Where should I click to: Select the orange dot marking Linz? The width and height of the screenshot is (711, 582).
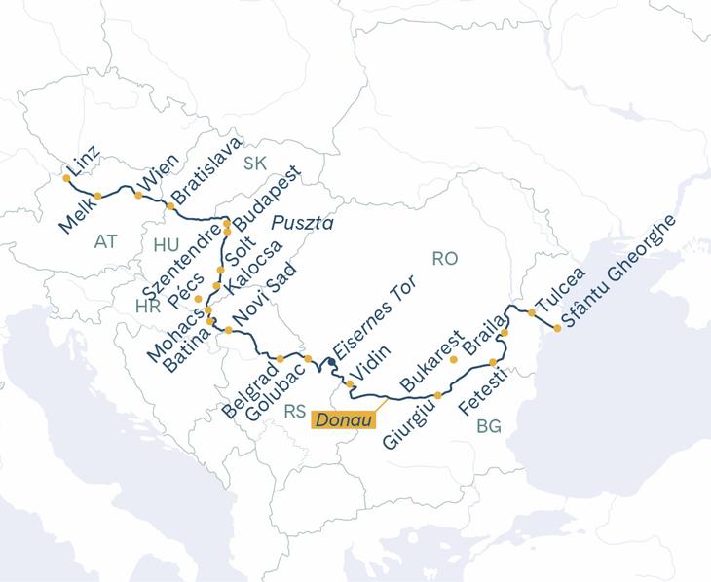point(66,178)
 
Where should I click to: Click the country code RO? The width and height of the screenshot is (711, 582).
point(444,259)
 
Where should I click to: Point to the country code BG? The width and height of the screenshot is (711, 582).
point(489,426)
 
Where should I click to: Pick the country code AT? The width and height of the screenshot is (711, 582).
point(107,240)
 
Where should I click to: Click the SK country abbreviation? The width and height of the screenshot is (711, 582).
point(254,163)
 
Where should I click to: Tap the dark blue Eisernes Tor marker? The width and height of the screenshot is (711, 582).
point(332,362)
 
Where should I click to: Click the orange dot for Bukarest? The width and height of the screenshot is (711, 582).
point(453,359)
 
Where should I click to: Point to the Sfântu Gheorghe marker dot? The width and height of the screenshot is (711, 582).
point(557,328)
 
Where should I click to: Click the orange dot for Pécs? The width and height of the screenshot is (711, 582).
point(199,299)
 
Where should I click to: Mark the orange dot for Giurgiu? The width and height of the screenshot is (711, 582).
point(438,395)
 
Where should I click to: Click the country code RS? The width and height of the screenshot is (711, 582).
point(295,412)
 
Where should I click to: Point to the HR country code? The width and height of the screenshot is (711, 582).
point(147,307)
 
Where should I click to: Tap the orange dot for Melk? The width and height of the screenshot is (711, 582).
point(98,196)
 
